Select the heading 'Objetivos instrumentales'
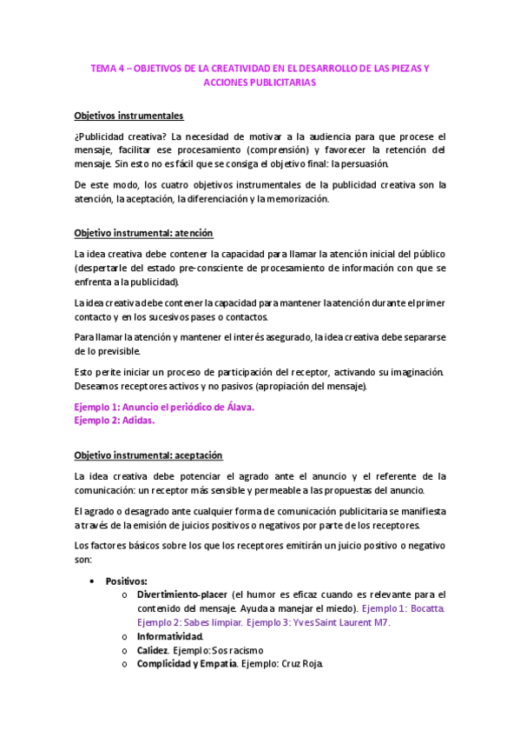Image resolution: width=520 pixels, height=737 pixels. click(128, 116)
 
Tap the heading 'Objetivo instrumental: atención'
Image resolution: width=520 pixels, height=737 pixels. click(143, 234)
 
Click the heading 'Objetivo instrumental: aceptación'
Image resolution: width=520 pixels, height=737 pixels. click(148, 455)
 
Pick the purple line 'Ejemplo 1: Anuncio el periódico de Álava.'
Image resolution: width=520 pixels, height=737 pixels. click(164, 407)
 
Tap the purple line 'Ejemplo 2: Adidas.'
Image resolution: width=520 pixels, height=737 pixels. click(115, 420)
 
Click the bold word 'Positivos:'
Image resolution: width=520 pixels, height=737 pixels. click(127, 581)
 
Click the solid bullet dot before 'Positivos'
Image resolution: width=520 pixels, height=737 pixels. click(91, 581)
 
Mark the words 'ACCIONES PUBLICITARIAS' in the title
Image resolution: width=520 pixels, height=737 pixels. click(260, 83)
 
